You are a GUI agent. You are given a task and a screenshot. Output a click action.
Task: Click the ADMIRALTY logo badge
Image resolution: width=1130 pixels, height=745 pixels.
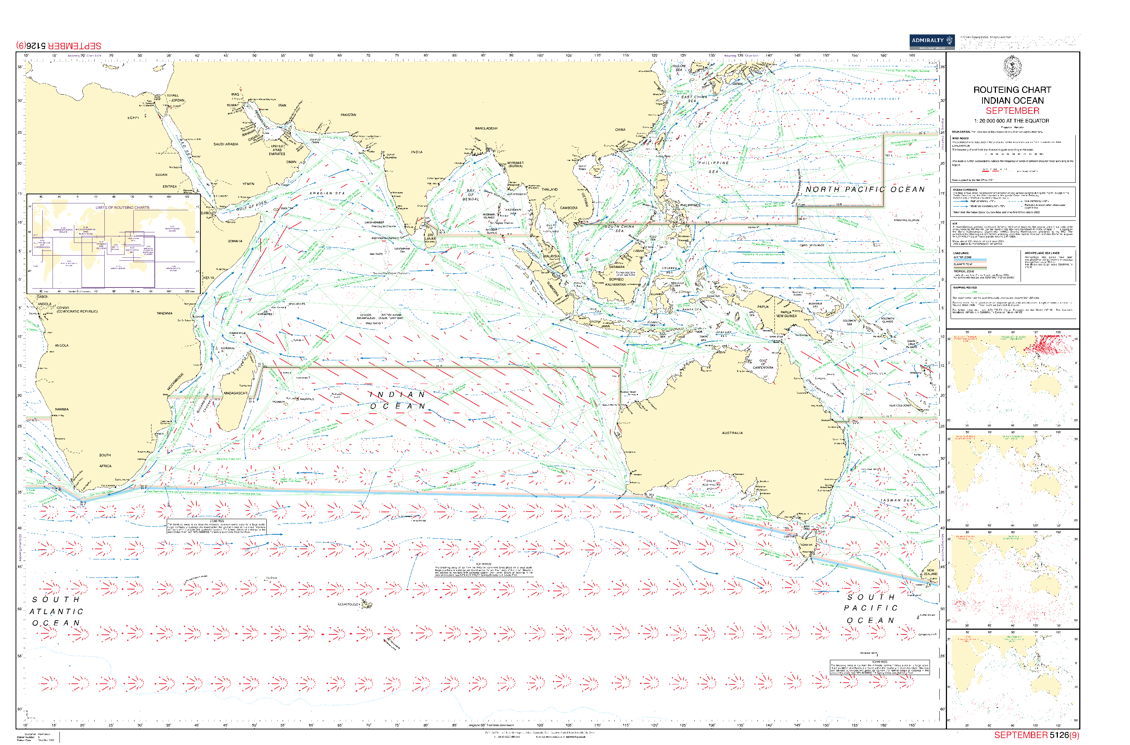click(931, 41)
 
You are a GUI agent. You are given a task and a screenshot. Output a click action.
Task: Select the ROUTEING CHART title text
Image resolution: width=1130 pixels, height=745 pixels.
click(1012, 90)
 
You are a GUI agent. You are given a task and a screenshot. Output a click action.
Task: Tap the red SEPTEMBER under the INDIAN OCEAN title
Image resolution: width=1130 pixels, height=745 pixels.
click(1012, 111)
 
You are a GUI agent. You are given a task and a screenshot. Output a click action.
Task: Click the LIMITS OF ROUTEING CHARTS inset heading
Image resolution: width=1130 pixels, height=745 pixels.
click(122, 208)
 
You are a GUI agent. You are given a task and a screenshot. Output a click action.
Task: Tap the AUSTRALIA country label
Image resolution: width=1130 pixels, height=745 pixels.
click(732, 433)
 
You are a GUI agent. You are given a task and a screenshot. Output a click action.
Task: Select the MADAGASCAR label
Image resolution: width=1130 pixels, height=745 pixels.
click(235, 393)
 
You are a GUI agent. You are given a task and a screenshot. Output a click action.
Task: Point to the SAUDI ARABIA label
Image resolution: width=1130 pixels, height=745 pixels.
click(226, 144)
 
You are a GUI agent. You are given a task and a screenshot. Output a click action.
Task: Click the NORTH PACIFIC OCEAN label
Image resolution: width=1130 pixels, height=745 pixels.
click(865, 189)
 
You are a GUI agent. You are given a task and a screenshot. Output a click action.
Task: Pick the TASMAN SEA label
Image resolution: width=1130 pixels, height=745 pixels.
click(897, 500)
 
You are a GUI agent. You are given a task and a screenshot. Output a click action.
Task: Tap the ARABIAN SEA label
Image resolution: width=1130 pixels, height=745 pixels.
click(327, 193)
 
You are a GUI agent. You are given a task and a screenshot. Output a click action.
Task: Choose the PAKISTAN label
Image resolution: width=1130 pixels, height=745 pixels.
click(348, 115)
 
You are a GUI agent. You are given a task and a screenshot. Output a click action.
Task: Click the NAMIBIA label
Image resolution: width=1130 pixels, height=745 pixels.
click(62, 409)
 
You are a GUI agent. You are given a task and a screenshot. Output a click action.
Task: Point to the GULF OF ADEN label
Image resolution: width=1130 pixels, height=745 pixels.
click(252, 206)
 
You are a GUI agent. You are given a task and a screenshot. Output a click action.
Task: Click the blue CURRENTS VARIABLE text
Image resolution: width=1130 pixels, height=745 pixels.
click(875, 99)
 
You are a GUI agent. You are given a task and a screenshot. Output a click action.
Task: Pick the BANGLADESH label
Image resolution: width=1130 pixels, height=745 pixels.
click(486, 128)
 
